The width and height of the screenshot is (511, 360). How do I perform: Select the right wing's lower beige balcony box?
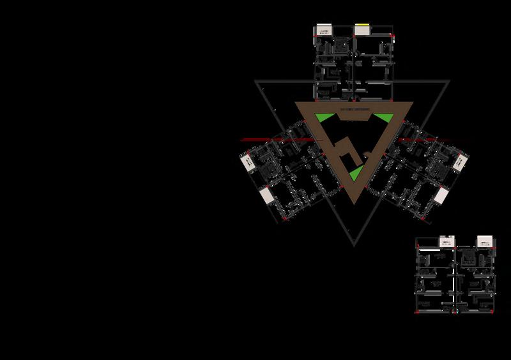(441, 195)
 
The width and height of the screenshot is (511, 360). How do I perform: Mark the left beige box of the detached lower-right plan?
(446, 241)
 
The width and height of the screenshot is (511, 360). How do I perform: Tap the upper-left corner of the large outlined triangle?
(256, 82)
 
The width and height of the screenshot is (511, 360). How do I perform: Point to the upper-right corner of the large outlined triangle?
(450, 82)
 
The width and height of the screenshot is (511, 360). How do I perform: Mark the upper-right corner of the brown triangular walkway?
(412, 103)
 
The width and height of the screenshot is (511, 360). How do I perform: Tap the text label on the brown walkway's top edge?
(354, 110)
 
